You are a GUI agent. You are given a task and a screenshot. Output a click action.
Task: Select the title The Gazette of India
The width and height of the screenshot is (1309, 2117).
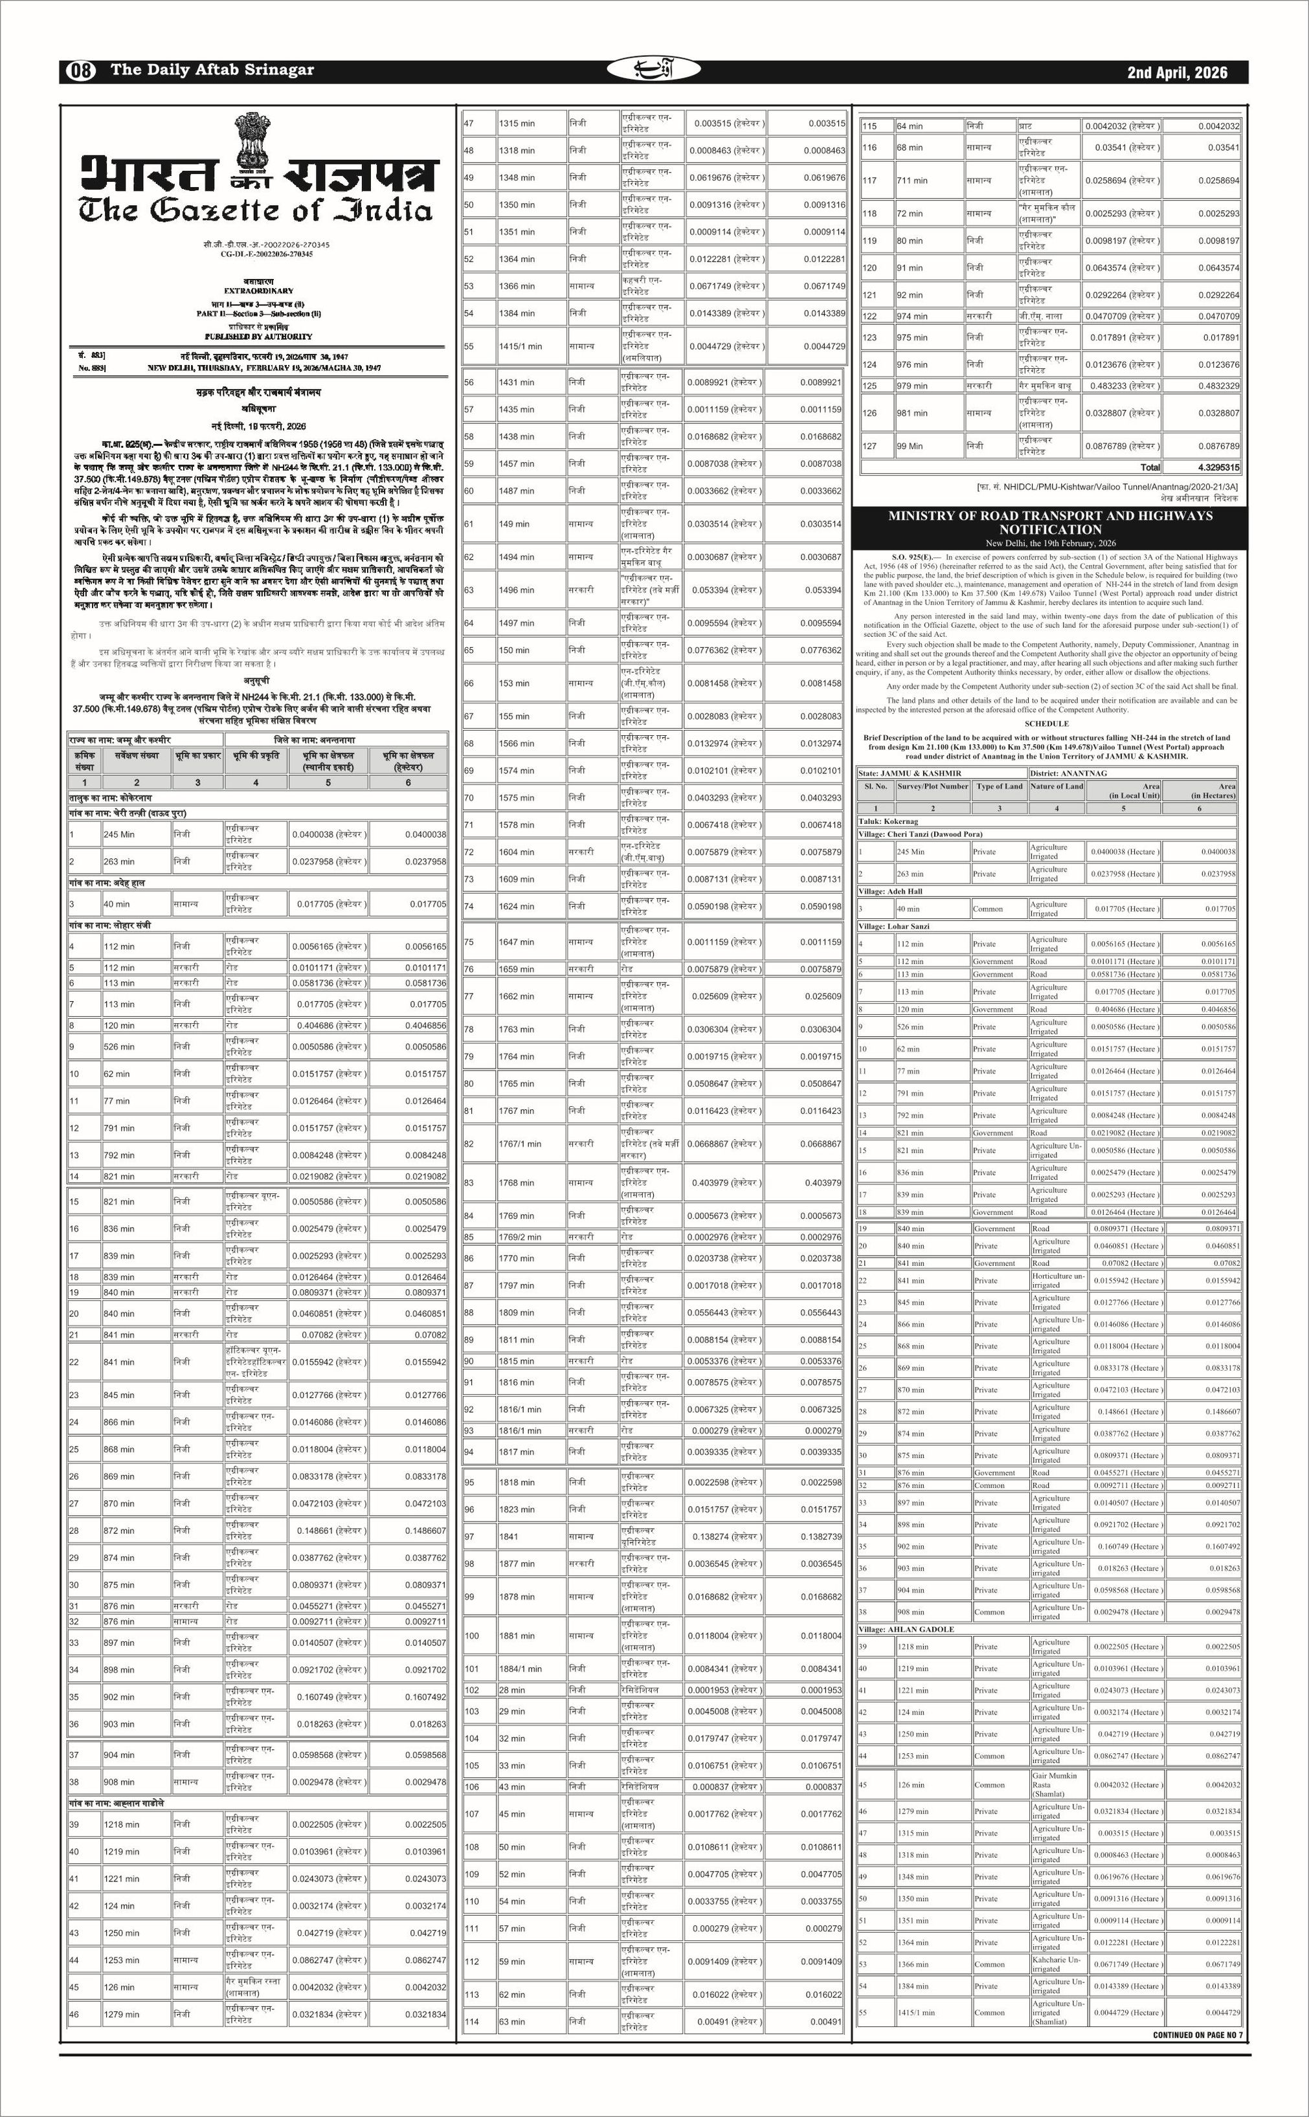(256, 210)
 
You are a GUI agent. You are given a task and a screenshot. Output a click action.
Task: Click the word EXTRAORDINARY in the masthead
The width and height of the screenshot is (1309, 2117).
(258, 291)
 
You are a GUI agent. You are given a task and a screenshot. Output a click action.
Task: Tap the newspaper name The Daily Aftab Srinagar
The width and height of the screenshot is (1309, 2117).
(212, 70)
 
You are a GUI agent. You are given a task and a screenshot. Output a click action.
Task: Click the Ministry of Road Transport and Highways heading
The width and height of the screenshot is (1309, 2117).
(1050, 523)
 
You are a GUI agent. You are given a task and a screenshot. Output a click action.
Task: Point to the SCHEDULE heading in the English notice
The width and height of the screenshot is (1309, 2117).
(1047, 724)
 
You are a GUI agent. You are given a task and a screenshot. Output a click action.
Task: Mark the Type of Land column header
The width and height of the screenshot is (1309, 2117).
(999, 787)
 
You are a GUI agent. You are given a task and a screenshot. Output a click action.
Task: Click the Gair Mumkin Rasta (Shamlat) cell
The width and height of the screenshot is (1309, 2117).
(1055, 1784)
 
